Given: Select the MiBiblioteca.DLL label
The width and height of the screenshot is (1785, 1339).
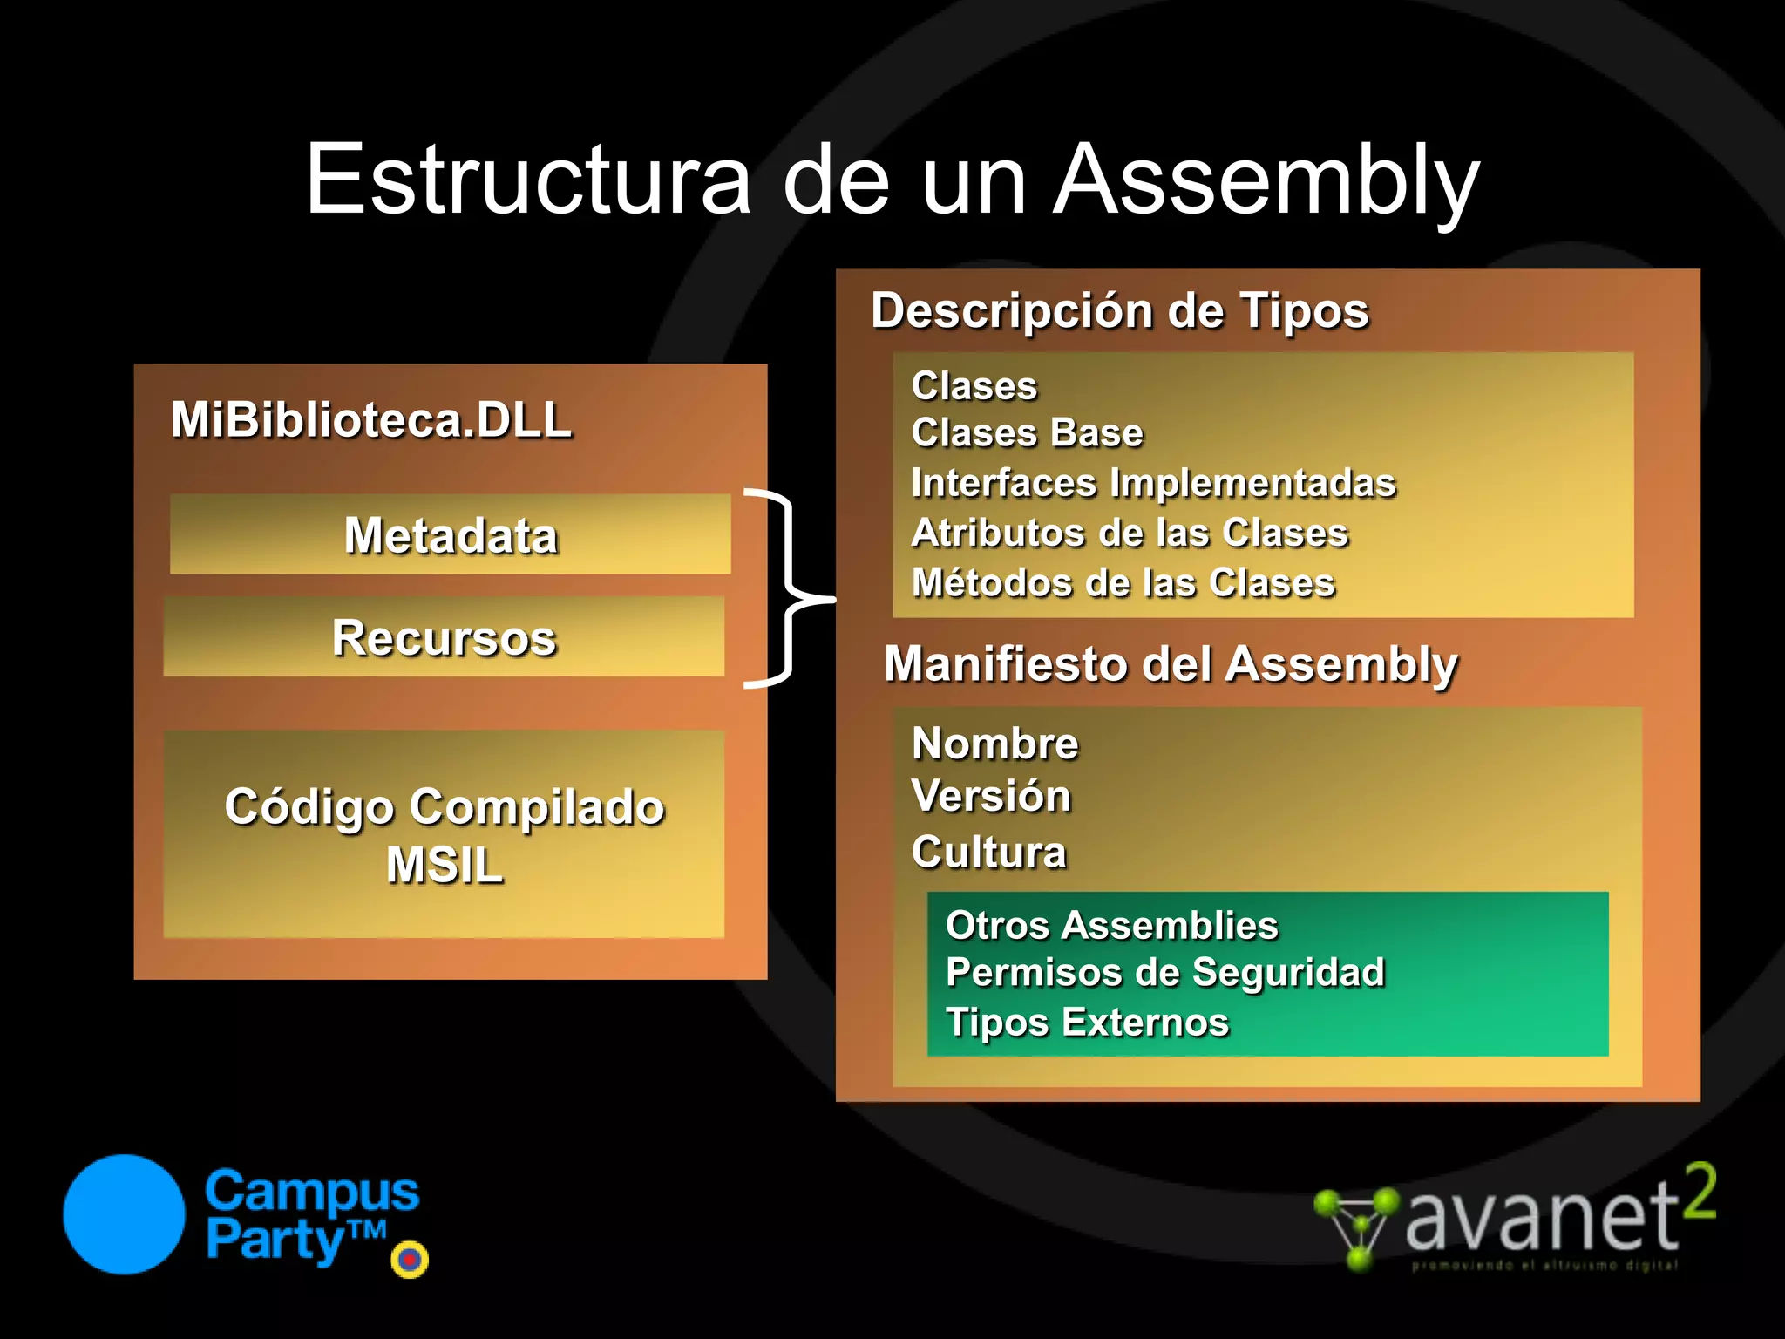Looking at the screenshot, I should pyautogui.click(x=371, y=420).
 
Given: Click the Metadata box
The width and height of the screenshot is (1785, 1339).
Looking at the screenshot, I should pyautogui.click(x=450, y=534).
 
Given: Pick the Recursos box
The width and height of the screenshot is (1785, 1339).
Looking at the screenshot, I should pyautogui.click(x=444, y=637).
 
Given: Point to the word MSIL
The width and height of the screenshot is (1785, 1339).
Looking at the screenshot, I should pyautogui.click(x=445, y=865).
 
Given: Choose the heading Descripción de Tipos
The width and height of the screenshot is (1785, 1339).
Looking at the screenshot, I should pyautogui.click(x=1120, y=311).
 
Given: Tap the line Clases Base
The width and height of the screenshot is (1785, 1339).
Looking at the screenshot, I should pyautogui.click(x=1027, y=433).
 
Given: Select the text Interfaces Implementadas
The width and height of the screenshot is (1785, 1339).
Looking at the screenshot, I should pyautogui.click(x=1153, y=483).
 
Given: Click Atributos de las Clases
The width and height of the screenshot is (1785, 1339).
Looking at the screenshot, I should pyautogui.click(x=1130, y=533).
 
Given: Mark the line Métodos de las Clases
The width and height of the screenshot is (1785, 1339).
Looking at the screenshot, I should pyautogui.click(x=1123, y=582).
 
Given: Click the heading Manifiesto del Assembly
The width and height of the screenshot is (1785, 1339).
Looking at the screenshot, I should pyautogui.click(x=1171, y=664).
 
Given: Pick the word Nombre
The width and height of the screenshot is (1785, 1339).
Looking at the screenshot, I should pyautogui.click(x=994, y=744).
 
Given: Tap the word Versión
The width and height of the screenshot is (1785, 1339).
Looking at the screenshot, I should pyautogui.click(x=991, y=796).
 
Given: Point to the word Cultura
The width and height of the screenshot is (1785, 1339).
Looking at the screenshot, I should pyautogui.click(x=988, y=852).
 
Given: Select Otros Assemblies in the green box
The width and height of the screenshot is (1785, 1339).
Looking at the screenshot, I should pyautogui.click(x=1111, y=925).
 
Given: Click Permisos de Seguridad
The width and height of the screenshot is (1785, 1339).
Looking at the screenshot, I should pyautogui.click(x=1165, y=972).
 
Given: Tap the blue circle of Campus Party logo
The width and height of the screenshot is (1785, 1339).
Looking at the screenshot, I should pyautogui.click(x=124, y=1214).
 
